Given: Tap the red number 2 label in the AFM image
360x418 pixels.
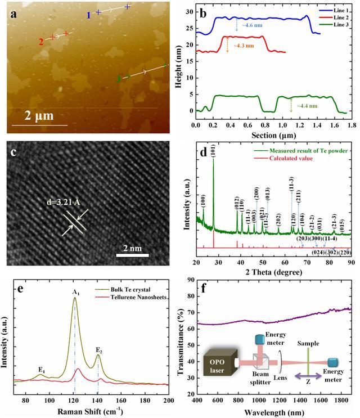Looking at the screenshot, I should tap(41, 42).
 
